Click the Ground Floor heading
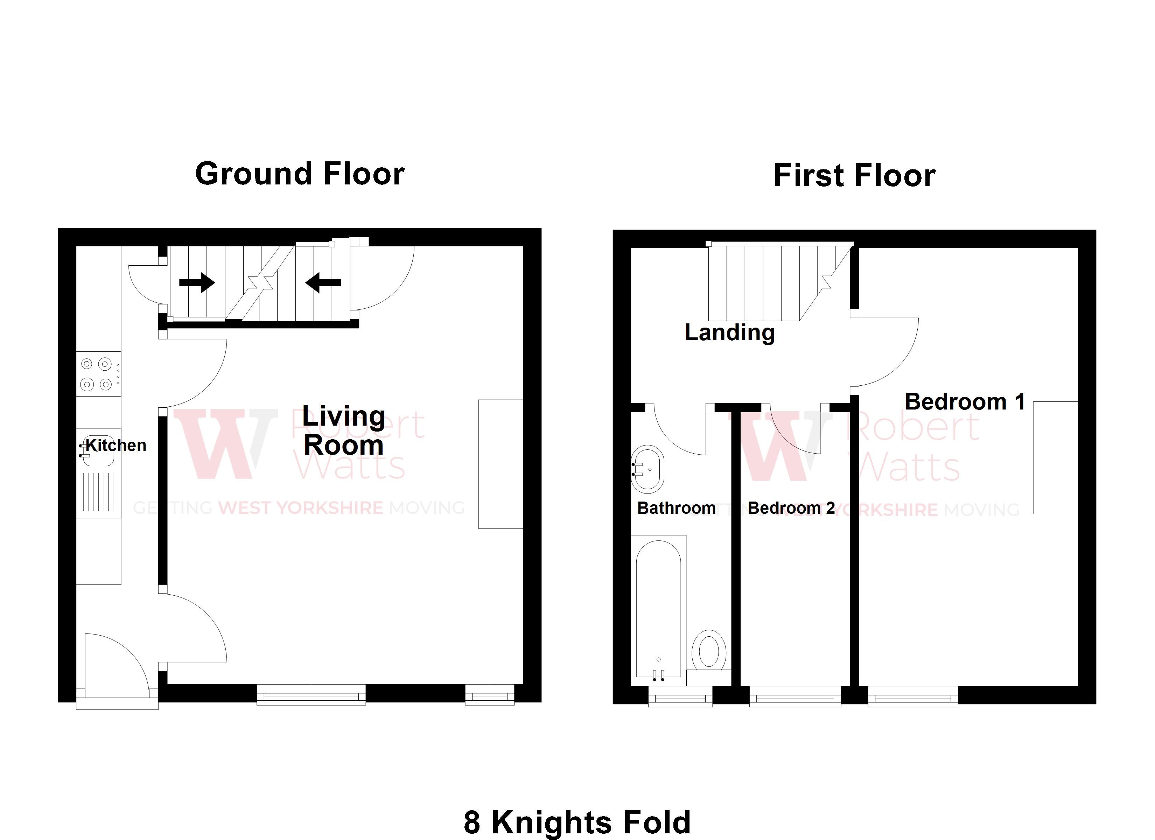coord(300,174)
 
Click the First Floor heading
coord(854,176)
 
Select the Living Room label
coord(344,430)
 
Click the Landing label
coord(729,332)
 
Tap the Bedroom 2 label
coord(791,508)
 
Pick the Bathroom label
coord(676,508)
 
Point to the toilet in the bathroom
coord(709,651)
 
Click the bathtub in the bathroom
coord(658,609)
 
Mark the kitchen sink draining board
coord(99,492)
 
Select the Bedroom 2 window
coord(795,697)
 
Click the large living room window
coord(311,695)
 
